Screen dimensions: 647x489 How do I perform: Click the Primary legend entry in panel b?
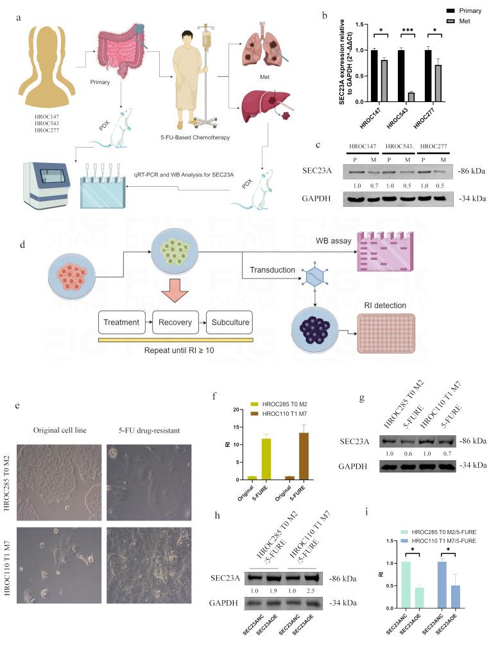[x=442, y=11]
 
